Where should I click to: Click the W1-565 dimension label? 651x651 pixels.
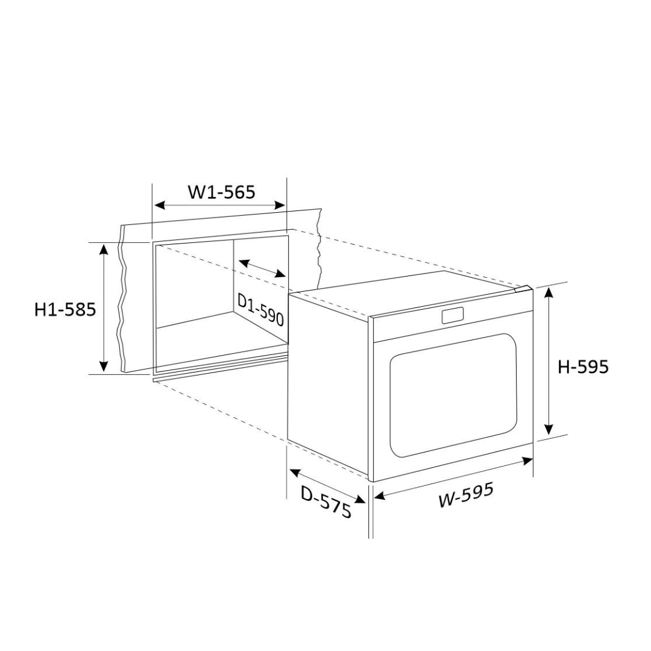pos(221,192)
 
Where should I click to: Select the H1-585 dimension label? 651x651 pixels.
pos(65,309)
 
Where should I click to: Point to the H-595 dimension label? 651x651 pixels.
pos(582,366)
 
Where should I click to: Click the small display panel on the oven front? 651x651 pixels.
pos(452,315)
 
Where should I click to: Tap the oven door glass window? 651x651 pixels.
pos(453,395)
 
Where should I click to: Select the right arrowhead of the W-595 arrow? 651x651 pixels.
pos(528,461)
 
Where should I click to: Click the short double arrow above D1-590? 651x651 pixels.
pos(262,269)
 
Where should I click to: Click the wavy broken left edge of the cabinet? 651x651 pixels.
pos(123,301)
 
